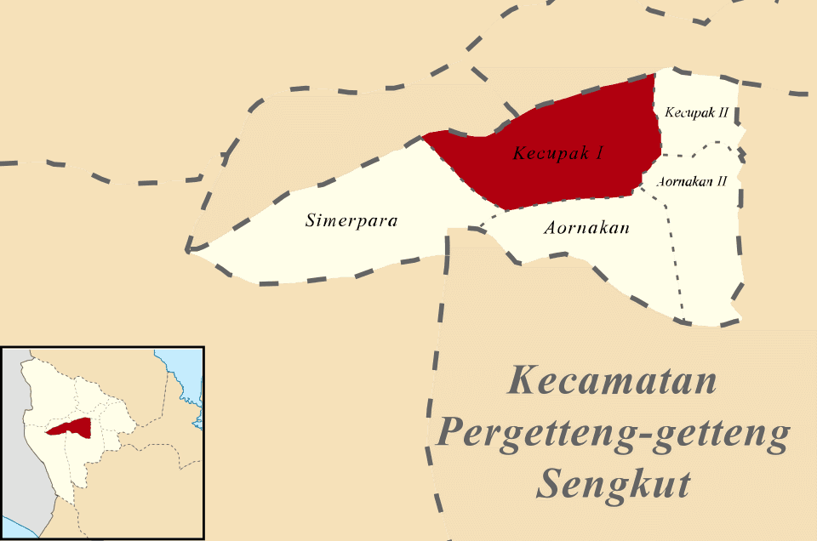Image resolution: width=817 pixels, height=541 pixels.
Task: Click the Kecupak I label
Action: (x=558, y=154)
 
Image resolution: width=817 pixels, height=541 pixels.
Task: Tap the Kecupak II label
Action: (x=696, y=112)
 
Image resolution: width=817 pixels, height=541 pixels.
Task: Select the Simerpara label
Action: (x=351, y=221)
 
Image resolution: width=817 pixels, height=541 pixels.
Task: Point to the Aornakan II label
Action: (x=692, y=181)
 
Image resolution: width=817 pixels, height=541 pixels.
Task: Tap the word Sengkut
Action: (x=613, y=485)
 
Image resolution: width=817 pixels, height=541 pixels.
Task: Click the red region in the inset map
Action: (x=71, y=427)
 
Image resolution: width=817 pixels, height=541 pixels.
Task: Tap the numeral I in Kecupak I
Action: (x=600, y=154)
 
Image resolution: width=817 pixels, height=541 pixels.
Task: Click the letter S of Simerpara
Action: (x=310, y=221)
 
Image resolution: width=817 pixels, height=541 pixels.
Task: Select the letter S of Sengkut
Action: (x=551, y=485)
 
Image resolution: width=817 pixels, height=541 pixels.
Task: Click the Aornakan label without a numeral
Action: (x=586, y=228)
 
